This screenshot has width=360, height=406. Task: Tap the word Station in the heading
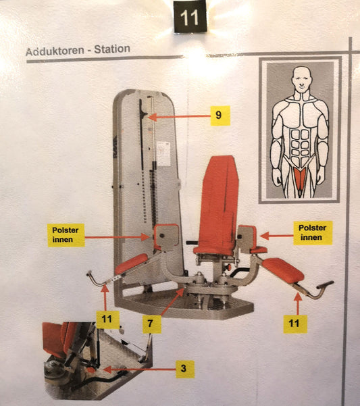(113, 50)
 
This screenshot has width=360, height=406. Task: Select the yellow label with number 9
(217, 116)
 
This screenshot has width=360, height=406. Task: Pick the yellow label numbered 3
(182, 369)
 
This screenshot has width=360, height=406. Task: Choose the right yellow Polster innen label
(312, 232)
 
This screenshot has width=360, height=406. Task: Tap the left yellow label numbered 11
(107, 318)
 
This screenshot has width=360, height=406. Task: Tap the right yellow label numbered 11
(294, 323)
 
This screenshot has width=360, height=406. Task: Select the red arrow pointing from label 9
(179, 116)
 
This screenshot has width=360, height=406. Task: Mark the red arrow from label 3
(135, 369)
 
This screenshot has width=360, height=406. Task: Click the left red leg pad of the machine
(131, 263)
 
